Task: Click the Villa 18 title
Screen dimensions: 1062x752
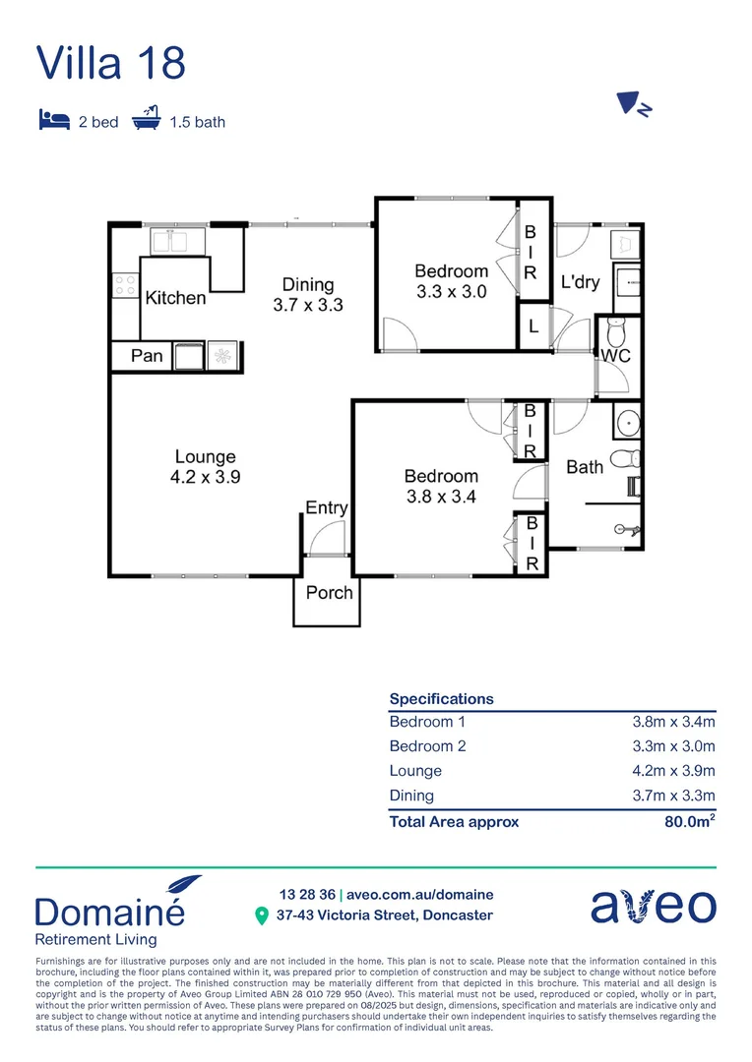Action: [x=110, y=62]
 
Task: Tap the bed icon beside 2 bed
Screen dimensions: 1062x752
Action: [x=53, y=121]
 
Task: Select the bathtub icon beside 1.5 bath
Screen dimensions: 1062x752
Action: [x=146, y=121]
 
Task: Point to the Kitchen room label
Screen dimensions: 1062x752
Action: [x=176, y=298]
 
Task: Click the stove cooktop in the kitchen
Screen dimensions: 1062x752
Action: [x=125, y=285]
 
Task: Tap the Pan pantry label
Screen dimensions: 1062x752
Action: [x=147, y=355]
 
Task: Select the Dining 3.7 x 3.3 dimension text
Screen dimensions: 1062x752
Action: [x=308, y=305]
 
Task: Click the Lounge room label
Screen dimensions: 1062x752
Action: [x=206, y=456]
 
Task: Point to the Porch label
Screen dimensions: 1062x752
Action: [x=329, y=593]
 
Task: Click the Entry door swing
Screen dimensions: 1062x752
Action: [x=327, y=539]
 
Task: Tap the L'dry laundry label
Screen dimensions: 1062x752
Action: [x=580, y=282]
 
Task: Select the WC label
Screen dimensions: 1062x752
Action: [x=615, y=354]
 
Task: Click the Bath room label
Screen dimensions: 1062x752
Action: [x=585, y=467]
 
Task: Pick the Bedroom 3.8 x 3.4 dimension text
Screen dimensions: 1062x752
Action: [x=441, y=497]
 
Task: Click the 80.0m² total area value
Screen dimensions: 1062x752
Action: [x=690, y=821]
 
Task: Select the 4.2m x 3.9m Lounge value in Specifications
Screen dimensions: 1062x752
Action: [x=673, y=771]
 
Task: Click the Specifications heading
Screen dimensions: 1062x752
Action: [x=441, y=699]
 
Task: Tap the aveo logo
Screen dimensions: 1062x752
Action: [x=653, y=907]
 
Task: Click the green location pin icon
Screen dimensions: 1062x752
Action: [x=262, y=915]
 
